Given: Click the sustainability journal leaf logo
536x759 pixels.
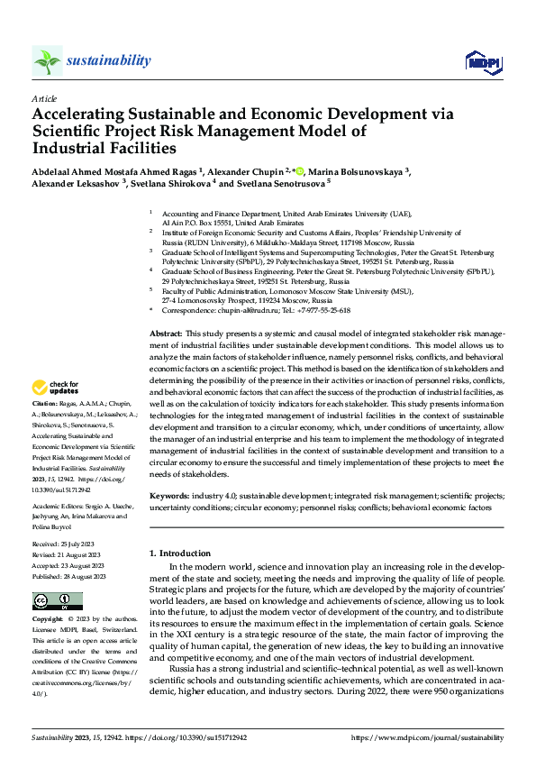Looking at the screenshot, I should [47, 60].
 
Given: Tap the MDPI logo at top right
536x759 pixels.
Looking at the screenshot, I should [482, 61].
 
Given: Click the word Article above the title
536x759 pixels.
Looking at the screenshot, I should [44, 97].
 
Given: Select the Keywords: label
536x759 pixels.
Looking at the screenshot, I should [168, 496].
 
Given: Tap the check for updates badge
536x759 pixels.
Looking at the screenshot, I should [56, 389].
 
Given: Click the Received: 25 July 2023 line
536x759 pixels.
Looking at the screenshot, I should [68, 544].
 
